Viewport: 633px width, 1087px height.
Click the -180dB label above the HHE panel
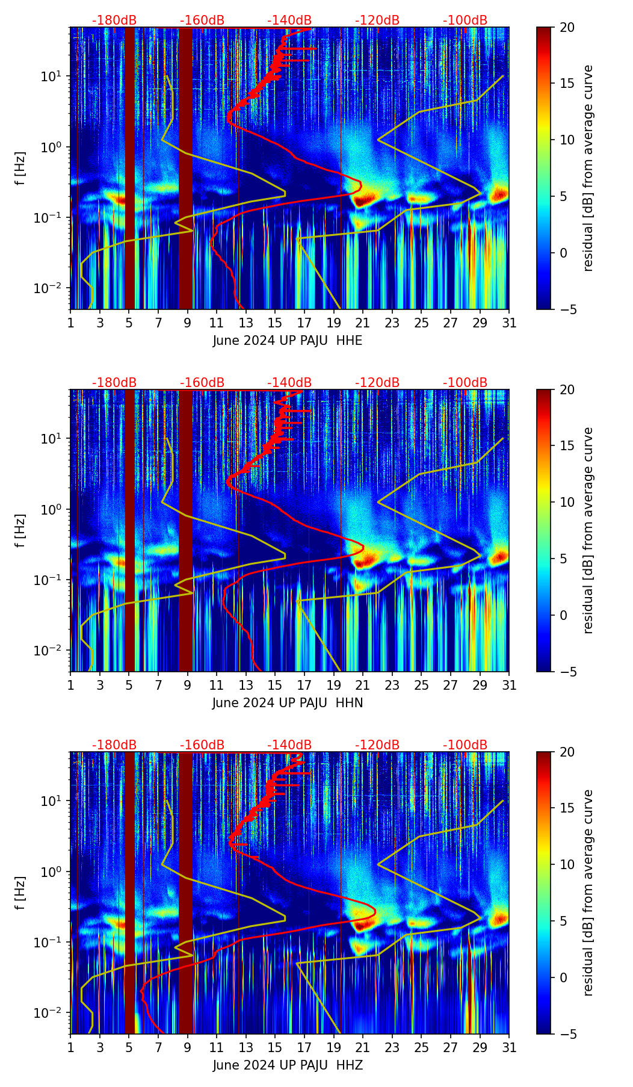point(114,20)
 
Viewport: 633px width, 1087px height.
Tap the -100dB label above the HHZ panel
point(465,745)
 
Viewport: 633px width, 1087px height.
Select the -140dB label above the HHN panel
point(289,383)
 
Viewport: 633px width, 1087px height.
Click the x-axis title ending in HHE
point(287,341)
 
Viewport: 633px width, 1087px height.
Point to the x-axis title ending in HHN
point(287,703)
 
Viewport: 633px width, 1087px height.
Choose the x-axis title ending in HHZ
point(287,1065)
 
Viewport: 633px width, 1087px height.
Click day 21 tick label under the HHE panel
point(362,323)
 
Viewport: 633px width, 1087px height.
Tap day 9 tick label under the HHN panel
point(187,686)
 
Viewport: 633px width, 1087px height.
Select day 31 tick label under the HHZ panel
point(508,1048)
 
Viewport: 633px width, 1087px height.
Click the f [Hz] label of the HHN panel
point(20,530)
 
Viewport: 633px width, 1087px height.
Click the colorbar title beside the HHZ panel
point(588,893)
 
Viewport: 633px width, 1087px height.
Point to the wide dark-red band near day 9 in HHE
point(186,169)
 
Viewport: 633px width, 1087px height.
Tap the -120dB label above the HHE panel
point(377,20)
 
